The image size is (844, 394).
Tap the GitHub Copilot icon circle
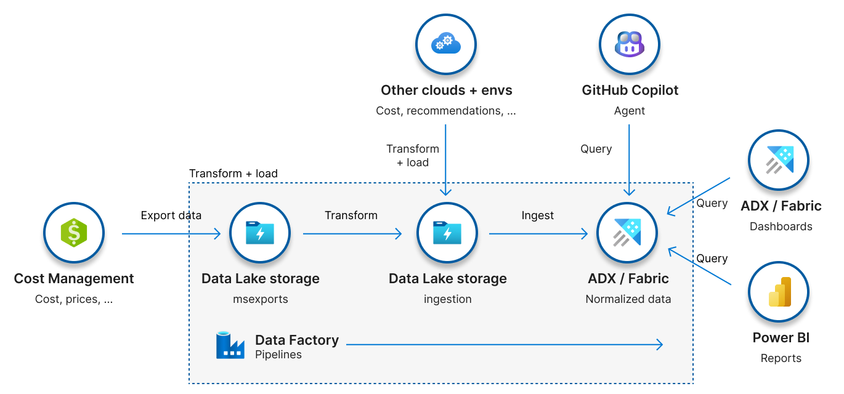tap(630, 44)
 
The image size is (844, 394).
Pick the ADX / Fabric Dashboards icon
tap(779, 161)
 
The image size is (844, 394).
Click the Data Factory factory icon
tap(230, 345)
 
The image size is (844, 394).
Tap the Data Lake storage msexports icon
tap(260, 234)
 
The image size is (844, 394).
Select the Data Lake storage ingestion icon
tap(447, 234)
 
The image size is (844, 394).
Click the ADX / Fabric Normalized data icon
tap(628, 234)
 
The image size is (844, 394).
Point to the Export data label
tap(171, 215)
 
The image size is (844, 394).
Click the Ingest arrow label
tap(537, 215)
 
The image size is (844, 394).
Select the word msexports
tap(260, 299)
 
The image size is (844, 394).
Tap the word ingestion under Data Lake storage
tap(447, 299)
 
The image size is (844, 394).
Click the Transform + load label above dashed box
tap(233, 174)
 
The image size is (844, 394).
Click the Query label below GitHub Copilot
tap(596, 149)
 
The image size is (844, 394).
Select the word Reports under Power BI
tap(781, 358)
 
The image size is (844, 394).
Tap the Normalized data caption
tap(628, 299)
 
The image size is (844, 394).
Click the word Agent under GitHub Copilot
tap(629, 111)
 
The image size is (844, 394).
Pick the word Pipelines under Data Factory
tap(278, 355)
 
